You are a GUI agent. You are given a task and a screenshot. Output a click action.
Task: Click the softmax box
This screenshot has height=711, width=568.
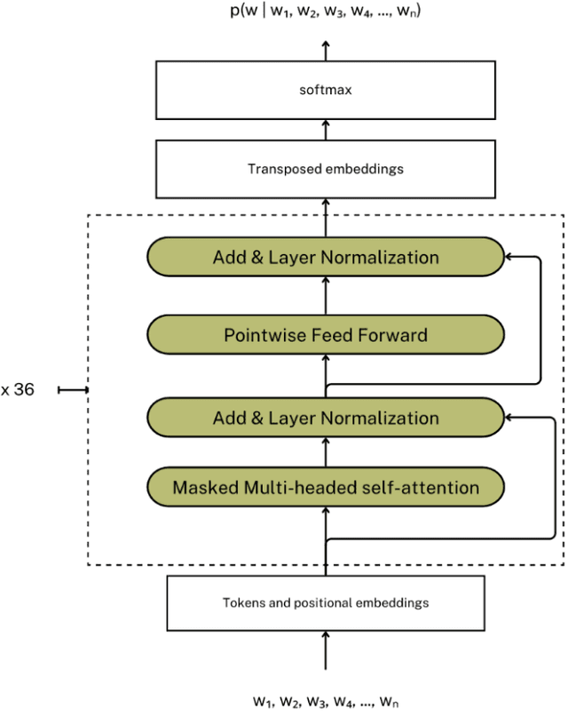coord(326,90)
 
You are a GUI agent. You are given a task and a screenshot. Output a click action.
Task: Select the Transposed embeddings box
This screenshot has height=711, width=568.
coord(326,168)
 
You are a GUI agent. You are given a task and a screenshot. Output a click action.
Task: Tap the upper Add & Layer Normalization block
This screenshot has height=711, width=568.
coord(326,258)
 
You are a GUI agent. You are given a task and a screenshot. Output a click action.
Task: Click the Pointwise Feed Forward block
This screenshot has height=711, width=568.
coord(326,335)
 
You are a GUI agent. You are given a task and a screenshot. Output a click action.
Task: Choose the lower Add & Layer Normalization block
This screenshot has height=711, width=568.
coord(326,418)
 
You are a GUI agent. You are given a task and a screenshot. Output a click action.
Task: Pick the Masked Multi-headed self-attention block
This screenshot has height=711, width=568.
coord(326,487)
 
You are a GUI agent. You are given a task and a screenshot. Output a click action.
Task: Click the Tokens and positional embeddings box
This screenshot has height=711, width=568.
coord(326,603)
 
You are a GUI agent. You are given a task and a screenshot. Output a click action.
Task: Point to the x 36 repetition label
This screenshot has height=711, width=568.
coord(18,389)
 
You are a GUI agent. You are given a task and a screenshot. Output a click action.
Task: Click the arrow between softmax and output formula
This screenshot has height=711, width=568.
coord(326,50)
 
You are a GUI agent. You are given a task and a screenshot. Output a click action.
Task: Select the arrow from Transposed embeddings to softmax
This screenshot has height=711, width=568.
coord(326,129)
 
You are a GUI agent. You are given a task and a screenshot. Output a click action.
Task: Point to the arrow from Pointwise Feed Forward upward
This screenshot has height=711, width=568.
coord(326,296)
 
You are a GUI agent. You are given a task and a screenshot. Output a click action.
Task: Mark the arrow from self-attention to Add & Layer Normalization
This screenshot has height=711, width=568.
coord(326,452)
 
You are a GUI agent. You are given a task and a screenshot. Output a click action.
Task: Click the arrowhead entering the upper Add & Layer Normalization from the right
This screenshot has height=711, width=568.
coord(509,258)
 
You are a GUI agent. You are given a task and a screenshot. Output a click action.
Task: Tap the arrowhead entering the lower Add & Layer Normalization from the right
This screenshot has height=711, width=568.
coord(509,418)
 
